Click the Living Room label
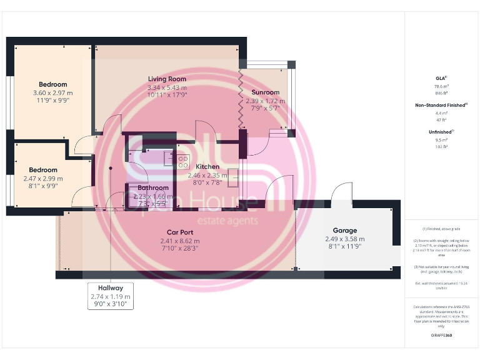[x=167, y=79]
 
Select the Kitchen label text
[x=207, y=167]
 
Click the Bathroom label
[x=153, y=187]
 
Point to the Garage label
[x=344, y=230]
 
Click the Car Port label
[x=179, y=232]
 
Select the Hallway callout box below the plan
[x=109, y=296]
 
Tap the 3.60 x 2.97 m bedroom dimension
[x=52, y=93]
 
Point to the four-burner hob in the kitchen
[x=183, y=162]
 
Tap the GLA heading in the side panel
[x=441, y=78]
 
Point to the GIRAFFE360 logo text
[x=441, y=336]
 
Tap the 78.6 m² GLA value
[x=441, y=86]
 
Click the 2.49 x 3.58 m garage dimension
[x=344, y=239]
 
